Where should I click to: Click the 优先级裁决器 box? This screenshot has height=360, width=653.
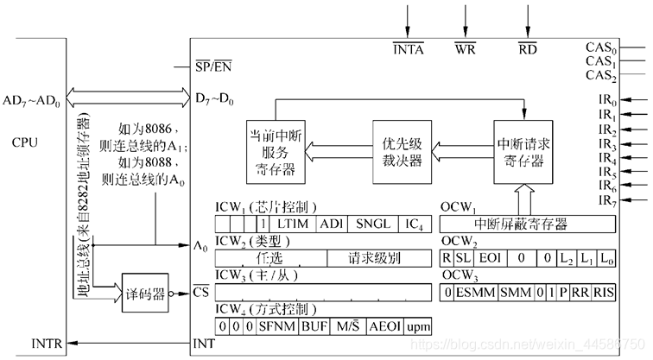[402, 154]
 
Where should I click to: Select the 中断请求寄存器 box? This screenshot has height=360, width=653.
[523, 152]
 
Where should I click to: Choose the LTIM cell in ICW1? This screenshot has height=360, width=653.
[292, 224]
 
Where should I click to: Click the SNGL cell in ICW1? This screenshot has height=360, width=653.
[373, 224]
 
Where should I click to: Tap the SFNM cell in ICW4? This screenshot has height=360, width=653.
[276, 326]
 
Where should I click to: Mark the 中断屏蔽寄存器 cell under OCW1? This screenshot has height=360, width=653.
[527, 224]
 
